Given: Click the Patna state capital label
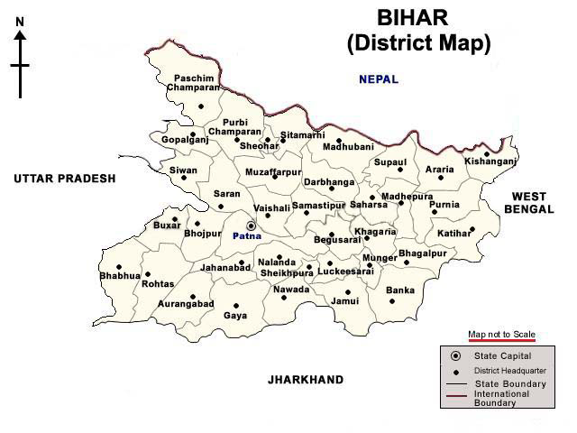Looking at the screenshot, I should point(246,235).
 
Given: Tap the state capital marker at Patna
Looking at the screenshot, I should point(251,226).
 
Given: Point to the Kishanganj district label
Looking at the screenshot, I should point(490,161).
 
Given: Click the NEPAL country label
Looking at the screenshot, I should point(378,79).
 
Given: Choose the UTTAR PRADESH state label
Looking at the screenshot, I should point(65,179).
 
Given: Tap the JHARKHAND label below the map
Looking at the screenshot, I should point(305,380).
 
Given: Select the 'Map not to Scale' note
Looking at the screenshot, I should point(501,335).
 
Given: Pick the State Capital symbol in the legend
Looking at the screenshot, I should point(455,356).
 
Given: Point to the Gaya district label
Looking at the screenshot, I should point(235,316).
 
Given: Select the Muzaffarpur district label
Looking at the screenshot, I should point(273,171).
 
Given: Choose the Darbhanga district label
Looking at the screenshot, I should point(329,181).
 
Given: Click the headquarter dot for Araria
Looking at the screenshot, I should point(441,178).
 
